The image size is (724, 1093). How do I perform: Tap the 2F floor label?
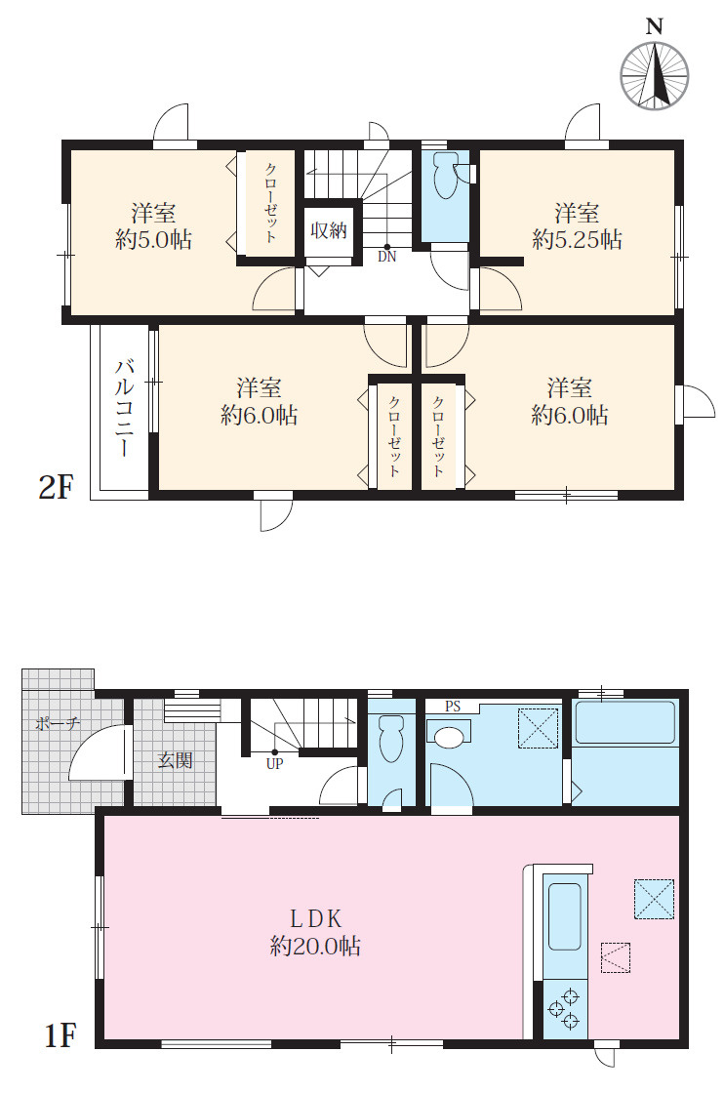click(56, 487)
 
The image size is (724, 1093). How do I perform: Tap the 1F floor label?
click(60, 1035)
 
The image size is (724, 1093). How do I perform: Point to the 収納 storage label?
click(328, 230)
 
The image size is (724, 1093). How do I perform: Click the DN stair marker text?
click(386, 257)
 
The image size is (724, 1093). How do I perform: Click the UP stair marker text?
click(274, 763)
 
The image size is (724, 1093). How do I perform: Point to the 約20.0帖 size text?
click(316, 946)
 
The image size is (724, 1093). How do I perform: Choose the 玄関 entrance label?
click(175, 760)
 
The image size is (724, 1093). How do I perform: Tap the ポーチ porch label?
click(58, 723)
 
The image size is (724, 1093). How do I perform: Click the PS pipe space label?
click(453, 707)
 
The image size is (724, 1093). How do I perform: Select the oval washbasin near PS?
click(449, 737)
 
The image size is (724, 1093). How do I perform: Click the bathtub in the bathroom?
click(625, 723)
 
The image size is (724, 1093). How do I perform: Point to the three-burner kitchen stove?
click(564, 1009)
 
